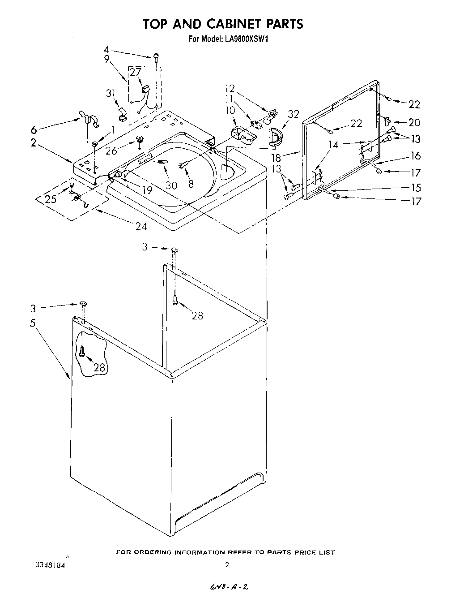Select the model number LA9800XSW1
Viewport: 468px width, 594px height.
(246, 39)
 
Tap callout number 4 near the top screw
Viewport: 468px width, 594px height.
(106, 49)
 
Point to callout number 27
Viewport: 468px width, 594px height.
(135, 72)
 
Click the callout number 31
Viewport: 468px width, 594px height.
(111, 93)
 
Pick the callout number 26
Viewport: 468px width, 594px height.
(111, 151)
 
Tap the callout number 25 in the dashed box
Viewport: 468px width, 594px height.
(51, 199)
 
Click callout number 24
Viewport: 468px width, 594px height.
(141, 226)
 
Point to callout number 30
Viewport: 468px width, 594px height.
(171, 185)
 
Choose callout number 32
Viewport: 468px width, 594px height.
(293, 114)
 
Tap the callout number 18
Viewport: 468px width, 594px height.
(276, 157)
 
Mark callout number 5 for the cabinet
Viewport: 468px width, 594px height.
(33, 323)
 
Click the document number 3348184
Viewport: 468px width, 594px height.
(50, 565)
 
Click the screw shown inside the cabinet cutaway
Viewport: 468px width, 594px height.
(82, 353)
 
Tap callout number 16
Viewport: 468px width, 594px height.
(416, 155)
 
